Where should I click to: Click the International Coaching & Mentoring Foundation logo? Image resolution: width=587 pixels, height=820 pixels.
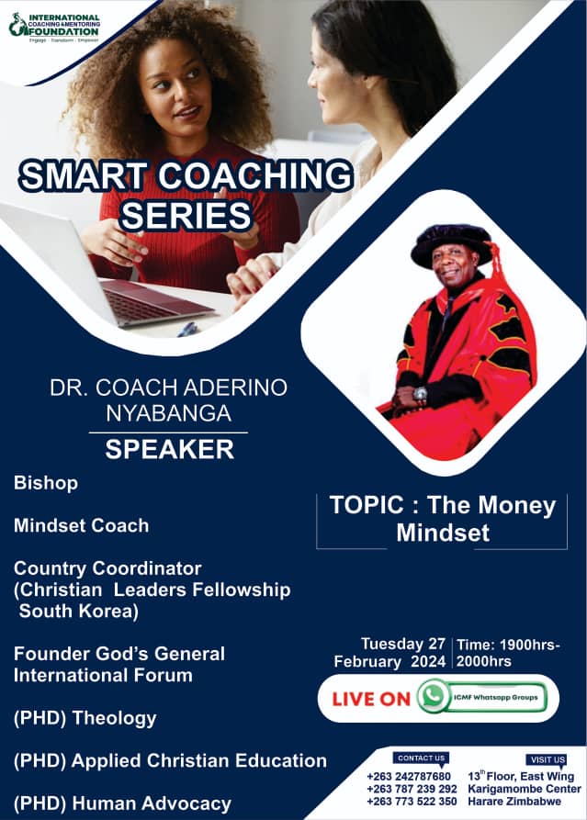click(54, 25)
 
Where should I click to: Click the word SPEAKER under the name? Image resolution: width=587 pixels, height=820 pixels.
click(169, 450)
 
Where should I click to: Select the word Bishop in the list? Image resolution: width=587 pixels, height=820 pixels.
click(46, 482)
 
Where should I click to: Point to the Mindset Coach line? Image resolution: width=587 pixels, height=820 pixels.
click(81, 525)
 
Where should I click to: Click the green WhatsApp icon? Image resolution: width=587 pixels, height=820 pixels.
click(433, 697)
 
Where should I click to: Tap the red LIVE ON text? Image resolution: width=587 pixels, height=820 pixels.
click(371, 699)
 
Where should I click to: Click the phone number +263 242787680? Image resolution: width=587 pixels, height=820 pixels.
click(409, 777)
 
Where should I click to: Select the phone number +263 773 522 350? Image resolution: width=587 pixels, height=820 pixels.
click(412, 802)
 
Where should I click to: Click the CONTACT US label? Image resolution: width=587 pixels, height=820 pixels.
click(422, 758)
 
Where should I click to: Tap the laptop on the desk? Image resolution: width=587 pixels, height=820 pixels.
click(110, 275)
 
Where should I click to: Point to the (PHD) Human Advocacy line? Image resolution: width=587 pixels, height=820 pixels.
click(122, 803)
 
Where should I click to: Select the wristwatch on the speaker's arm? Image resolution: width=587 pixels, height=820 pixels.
click(421, 394)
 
